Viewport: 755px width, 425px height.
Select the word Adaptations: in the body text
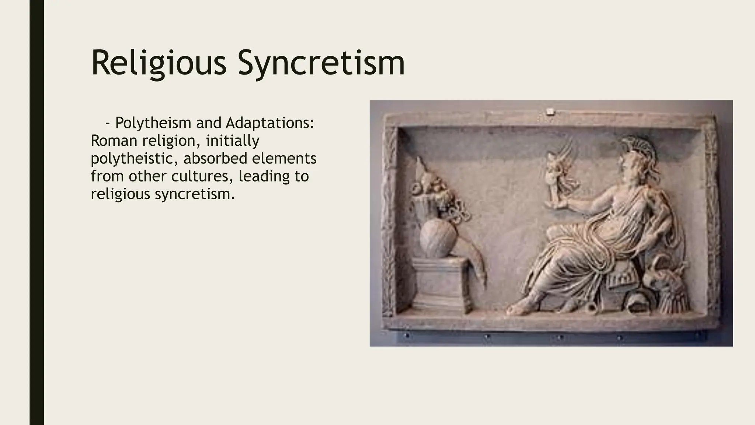coord(270,123)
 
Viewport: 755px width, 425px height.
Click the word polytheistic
coord(135,158)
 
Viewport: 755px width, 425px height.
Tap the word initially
coord(232,141)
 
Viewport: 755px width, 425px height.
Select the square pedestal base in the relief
coord(439,284)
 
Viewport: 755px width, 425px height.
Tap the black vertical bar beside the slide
coord(36,212)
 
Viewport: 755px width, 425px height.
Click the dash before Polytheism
coord(108,123)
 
